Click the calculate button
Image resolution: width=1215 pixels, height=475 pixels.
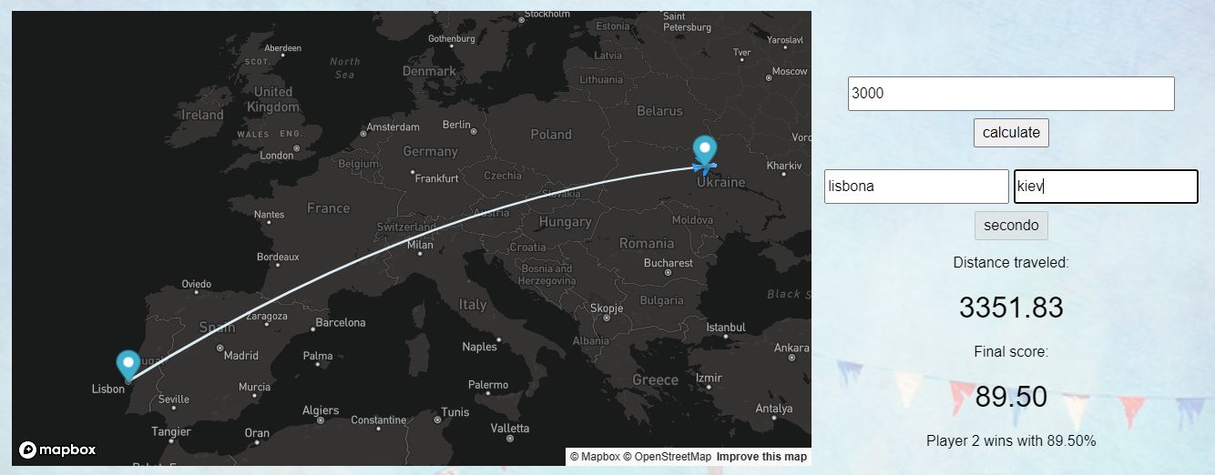[1011, 132]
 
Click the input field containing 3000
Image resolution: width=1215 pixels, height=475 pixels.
[1010, 94]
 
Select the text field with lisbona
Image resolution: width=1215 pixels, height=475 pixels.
[915, 187]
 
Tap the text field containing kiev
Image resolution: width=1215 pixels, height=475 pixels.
[1105, 187]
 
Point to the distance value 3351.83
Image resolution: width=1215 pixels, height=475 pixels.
[1011, 308]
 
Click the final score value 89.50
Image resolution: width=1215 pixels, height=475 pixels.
[1011, 397]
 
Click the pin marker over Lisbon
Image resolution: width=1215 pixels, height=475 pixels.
[128, 365]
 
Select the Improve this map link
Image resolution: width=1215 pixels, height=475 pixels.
[761, 456]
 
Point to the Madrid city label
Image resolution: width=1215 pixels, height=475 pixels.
[240, 356]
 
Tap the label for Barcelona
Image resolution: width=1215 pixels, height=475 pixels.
[340, 322]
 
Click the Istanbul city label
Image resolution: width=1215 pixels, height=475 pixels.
[726, 328]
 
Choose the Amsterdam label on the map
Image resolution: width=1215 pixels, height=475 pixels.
[394, 127]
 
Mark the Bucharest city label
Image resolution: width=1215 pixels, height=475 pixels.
[668, 263]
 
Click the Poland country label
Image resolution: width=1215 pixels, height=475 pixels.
[551, 135]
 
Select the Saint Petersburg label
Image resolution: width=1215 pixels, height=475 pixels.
[687, 22]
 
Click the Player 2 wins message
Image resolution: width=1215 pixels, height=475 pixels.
[1011, 440]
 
